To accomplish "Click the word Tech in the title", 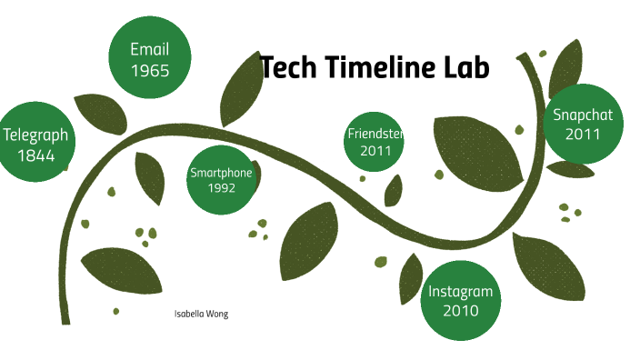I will pos(289,67).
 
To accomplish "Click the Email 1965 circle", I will pos(149,59).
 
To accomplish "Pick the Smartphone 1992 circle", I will pos(221,180).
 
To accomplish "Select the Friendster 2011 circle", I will pos(374,142).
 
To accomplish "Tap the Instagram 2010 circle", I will pos(461,300).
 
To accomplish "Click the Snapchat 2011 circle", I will pos(583,125).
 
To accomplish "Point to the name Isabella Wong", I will pos(201,314).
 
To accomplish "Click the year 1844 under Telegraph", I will pos(35,155).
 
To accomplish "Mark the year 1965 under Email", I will pos(149,70).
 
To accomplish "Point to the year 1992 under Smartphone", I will pos(221,188).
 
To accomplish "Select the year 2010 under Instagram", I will pos(461,311).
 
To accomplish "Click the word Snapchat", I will pos(583,115).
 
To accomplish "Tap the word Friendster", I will pos(375,134).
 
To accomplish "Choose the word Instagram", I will pos(461,291).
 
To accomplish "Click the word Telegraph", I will pos(35,135).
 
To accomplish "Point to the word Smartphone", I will pos(221,173).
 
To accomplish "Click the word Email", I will pos(149,49).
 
